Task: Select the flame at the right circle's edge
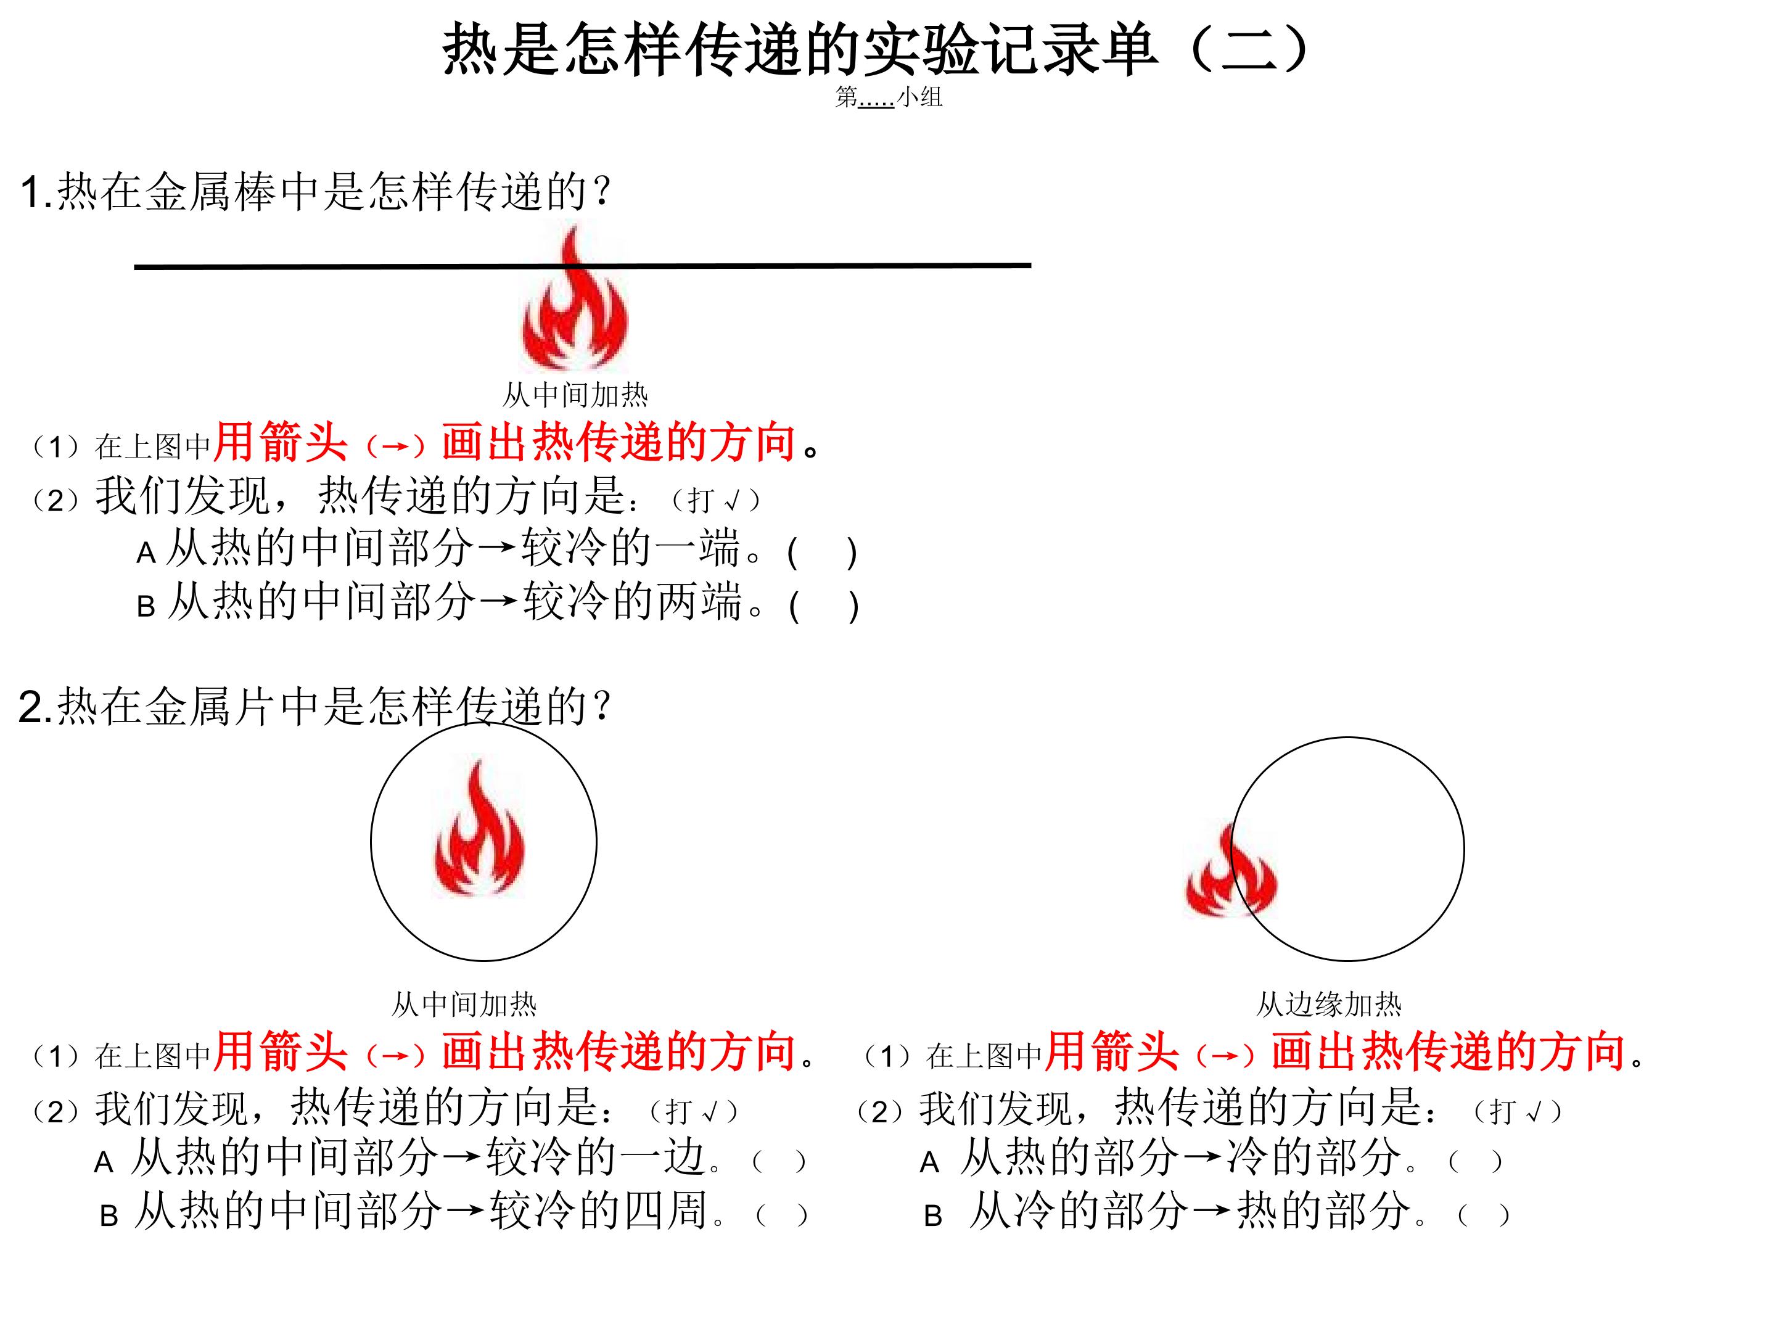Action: [x=1231, y=872]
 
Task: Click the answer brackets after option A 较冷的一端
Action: [x=823, y=553]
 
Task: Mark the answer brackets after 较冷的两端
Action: [x=824, y=607]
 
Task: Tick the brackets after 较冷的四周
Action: [x=781, y=1215]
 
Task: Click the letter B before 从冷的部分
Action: [x=933, y=1217]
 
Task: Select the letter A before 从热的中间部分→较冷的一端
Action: [x=146, y=553]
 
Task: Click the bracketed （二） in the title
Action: [x=1250, y=49]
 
